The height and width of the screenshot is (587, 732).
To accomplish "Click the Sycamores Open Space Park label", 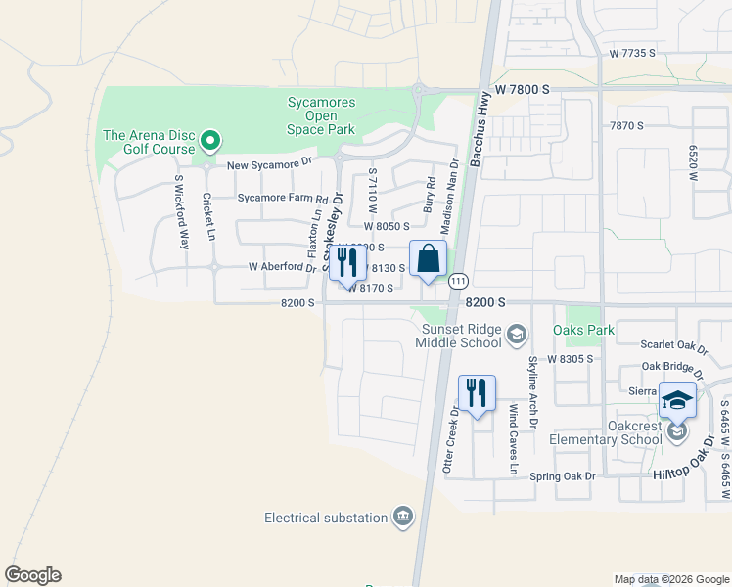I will point(321,114).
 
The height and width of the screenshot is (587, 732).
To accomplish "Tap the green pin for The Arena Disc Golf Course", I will point(209,143).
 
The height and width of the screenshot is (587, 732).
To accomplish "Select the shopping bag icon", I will point(428,260).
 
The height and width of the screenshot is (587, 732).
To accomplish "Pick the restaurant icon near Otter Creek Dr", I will point(477,393).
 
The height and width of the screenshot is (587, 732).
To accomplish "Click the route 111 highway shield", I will point(457,282).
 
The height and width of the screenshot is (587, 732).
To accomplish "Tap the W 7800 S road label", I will point(524,89).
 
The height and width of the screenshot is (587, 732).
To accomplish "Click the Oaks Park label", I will point(584,331).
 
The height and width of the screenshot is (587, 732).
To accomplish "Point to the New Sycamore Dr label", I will point(269,165).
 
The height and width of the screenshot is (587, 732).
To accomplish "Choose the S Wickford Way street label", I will point(181,211).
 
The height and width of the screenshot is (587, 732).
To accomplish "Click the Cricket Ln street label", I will point(207,215).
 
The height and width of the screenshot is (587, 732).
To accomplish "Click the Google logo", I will point(32,575).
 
